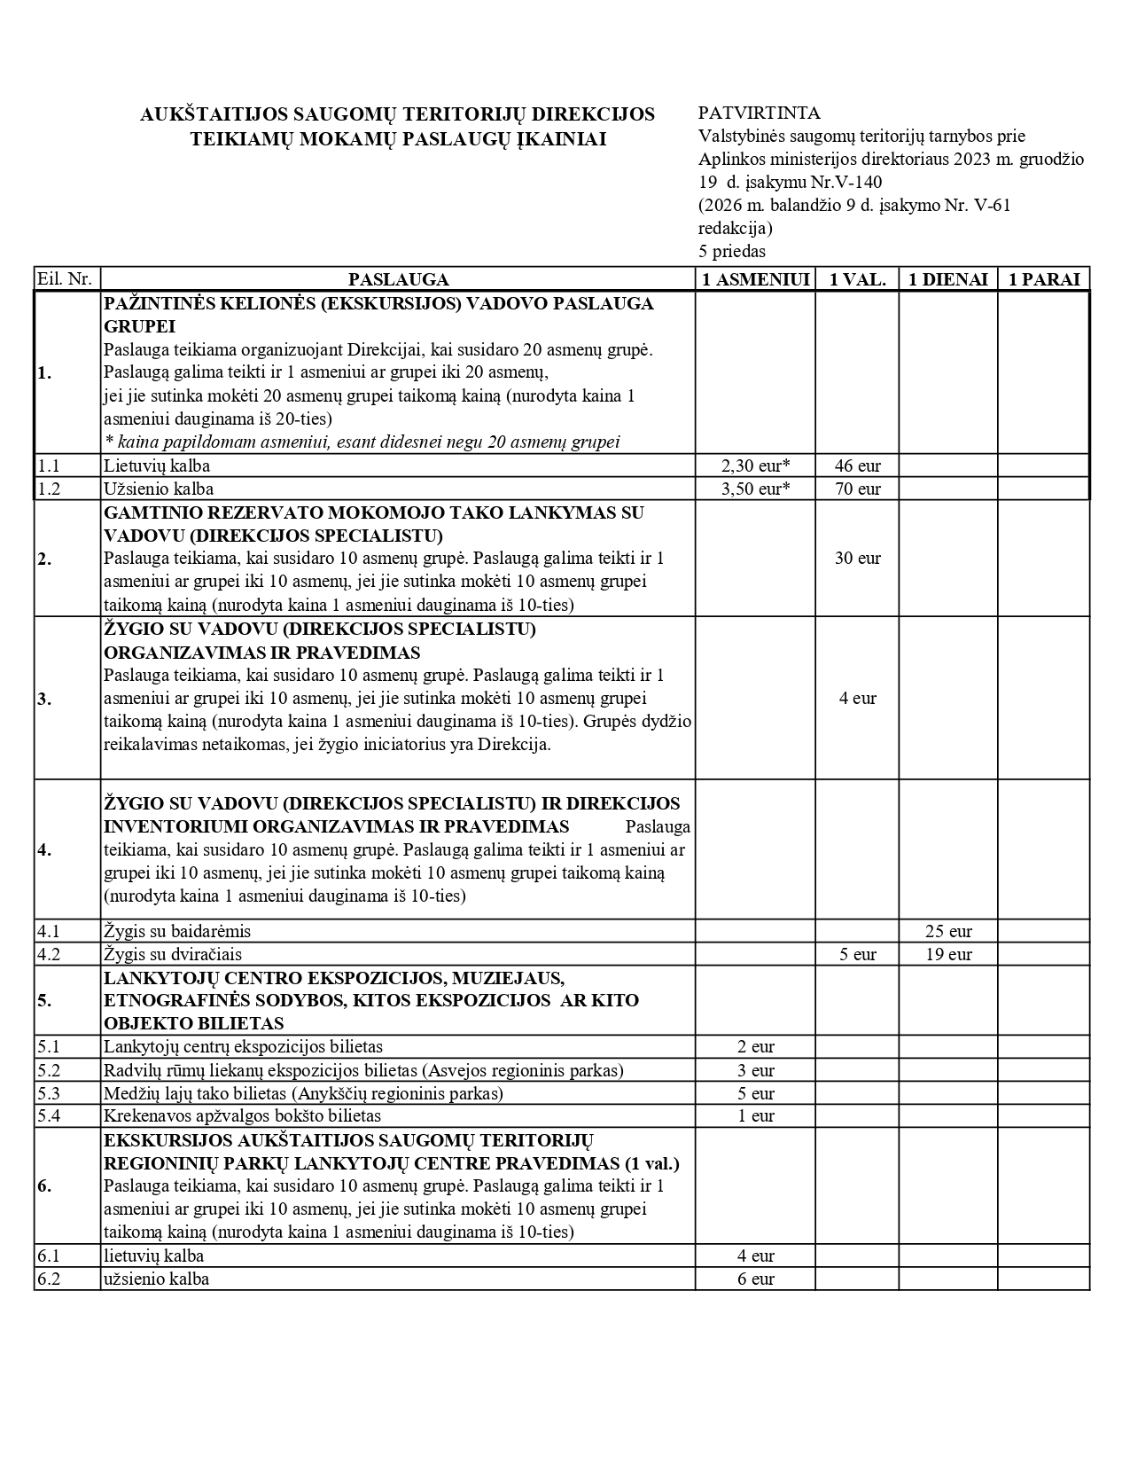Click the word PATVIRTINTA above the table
click(x=759, y=113)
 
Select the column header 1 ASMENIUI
click(x=755, y=280)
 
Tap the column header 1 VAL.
click(x=857, y=280)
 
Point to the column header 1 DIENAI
click(x=948, y=280)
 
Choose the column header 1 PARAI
click(x=1044, y=280)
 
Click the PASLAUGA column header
click(x=398, y=280)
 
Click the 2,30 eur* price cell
click(x=755, y=465)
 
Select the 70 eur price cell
click(x=857, y=489)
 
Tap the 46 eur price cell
click(x=857, y=465)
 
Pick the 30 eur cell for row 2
click(x=857, y=559)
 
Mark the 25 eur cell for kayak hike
click(x=948, y=932)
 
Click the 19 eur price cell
click(x=948, y=955)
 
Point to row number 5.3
click(x=49, y=1093)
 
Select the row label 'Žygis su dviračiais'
click(x=173, y=955)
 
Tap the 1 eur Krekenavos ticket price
click(x=755, y=1116)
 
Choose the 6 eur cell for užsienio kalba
click(x=755, y=1279)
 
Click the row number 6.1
click(x=49, y=1256)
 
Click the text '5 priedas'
click(x=731, y=252)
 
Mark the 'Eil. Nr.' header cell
click(x=65, y=280)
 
